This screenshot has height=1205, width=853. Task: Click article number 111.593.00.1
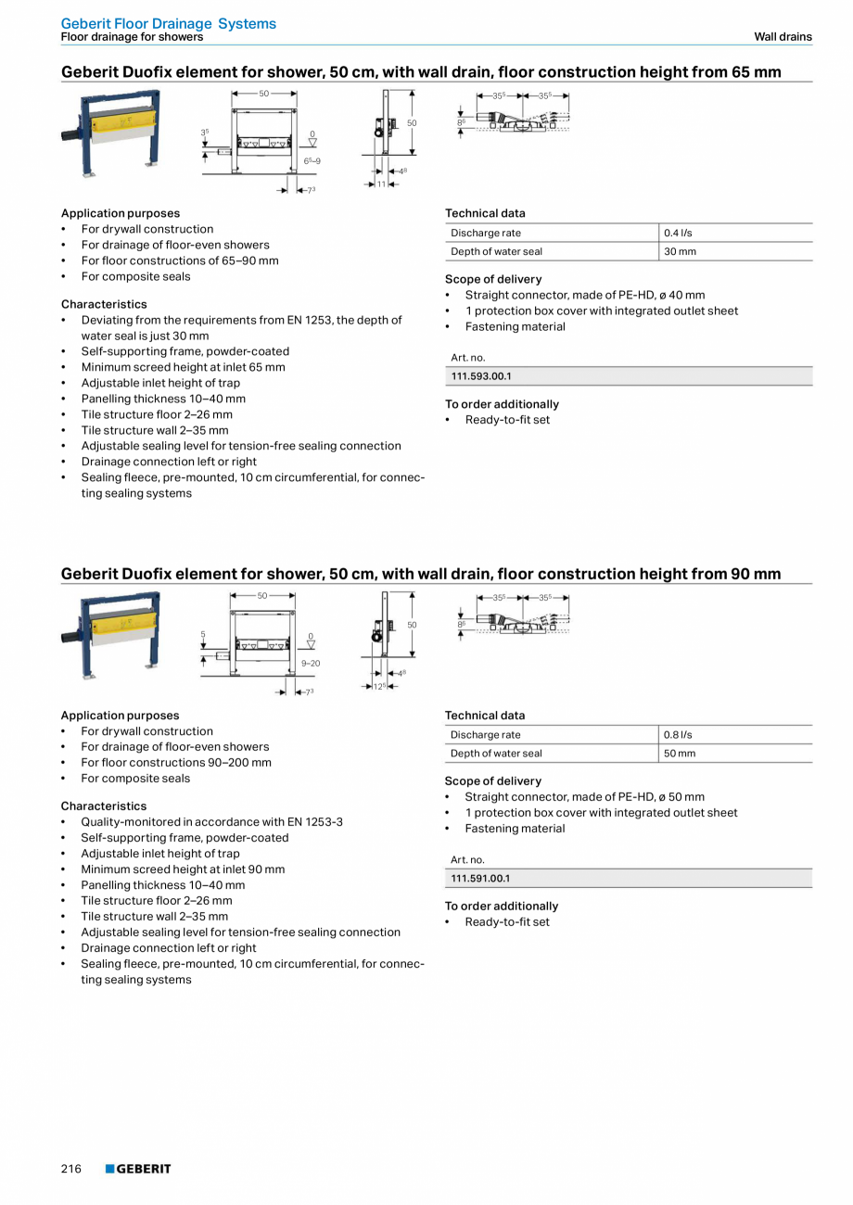click(480, 376)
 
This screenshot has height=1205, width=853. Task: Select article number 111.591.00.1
click(480, 878)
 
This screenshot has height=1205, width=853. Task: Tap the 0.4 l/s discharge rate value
click(678, 233)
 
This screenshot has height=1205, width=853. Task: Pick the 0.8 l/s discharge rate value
click(678, 734)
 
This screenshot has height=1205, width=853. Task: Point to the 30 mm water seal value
click(680, 251)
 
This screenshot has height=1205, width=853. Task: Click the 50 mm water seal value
click(680, 753)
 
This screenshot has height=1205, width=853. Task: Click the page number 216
click(71, 1169)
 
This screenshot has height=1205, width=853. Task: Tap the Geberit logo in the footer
click(138, 1169)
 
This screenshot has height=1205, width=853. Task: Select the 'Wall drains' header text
click(783, 37)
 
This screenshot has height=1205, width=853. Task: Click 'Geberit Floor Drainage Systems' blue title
click(168, 24)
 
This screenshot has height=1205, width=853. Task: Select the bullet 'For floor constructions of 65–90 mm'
click(179, 260)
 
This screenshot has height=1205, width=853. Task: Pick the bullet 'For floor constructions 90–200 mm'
click(176, 762)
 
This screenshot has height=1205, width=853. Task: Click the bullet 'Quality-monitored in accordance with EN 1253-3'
click(211, 821)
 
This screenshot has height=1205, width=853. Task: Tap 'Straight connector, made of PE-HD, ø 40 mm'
click(584, 295)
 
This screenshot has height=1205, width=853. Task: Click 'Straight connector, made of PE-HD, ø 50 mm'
click(584, 796)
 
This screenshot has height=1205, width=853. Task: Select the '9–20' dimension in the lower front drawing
click(310, 663)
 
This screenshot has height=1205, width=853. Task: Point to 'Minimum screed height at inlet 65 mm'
click(183, 367)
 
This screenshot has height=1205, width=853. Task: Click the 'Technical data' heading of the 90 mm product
click(485, 715)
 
